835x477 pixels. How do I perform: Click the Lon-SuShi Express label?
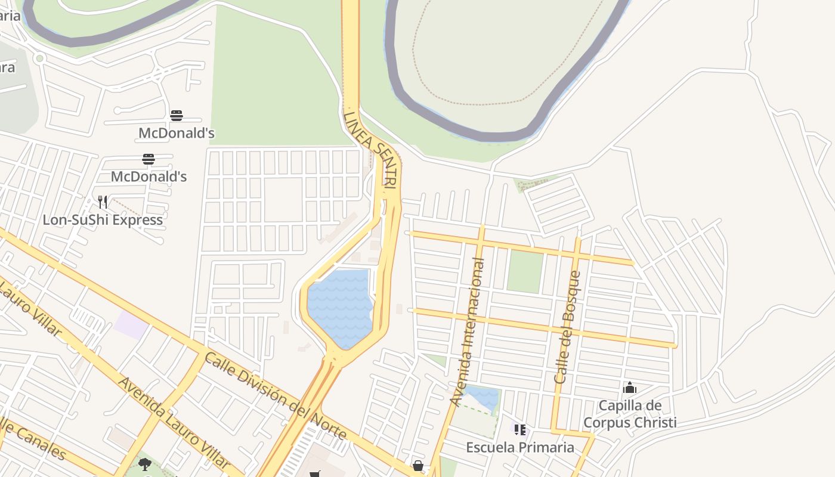tap(103, 219)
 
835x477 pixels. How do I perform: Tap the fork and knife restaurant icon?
tap(103, 202)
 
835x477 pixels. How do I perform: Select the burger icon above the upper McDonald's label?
tap(177, 116)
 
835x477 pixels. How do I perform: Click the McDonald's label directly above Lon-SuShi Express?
tap(149, 176)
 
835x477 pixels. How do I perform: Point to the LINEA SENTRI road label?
tap(370, 150)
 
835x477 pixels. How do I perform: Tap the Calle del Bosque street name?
tap(567, 327)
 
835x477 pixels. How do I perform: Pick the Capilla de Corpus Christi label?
tap(630, 414)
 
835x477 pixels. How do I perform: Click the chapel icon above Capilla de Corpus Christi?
tap(630, 388)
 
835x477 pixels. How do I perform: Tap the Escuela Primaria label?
tap(520, 447)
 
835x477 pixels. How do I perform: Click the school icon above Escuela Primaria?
tap(520, 429)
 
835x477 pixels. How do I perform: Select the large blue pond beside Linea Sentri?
tap(340, 307)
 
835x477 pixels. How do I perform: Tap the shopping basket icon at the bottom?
tap(418, 465)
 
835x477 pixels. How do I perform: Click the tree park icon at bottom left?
tap(144, 464)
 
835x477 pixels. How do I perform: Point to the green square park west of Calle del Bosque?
tap(524, 272)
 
